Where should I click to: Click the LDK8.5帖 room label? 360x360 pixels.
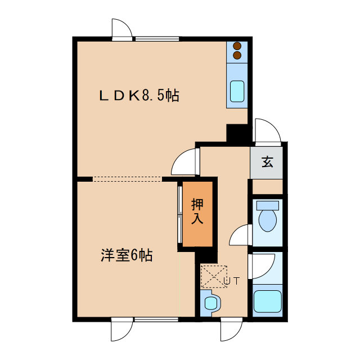pos(139,96)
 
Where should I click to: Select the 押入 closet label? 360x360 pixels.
pos(197,211)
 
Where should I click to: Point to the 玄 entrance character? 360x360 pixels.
pos(267,163)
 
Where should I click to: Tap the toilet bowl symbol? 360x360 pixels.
pos(268,219)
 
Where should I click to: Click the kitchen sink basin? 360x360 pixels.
pos(237,92)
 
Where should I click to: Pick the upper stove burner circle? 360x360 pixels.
pos(237,46)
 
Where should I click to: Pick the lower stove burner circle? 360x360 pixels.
pos(237,56)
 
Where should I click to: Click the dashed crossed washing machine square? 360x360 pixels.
pos(213,276)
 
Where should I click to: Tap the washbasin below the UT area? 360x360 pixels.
pos(211,303)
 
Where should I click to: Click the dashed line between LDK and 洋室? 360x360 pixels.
pos(127,179)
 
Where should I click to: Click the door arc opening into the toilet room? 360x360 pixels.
pos(240,235)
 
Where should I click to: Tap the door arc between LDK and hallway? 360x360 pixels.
pos(183,163)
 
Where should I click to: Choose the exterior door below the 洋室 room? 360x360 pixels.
pos(121,328)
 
